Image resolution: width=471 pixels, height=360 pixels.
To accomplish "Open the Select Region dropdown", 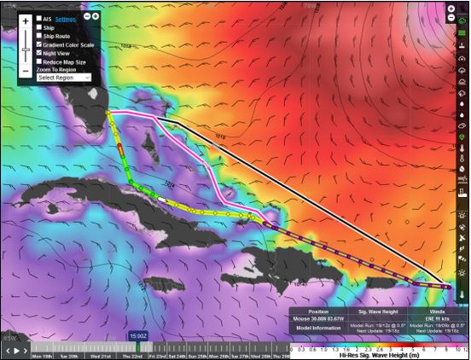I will [64, 78].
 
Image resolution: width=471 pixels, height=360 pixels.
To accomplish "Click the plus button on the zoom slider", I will [26, 20].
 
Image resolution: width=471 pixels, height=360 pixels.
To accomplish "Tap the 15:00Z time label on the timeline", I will [137, 337].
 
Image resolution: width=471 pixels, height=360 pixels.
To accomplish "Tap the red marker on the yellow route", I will [120, 149].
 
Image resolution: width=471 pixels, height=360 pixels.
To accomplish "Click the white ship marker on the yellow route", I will [161, 199].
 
